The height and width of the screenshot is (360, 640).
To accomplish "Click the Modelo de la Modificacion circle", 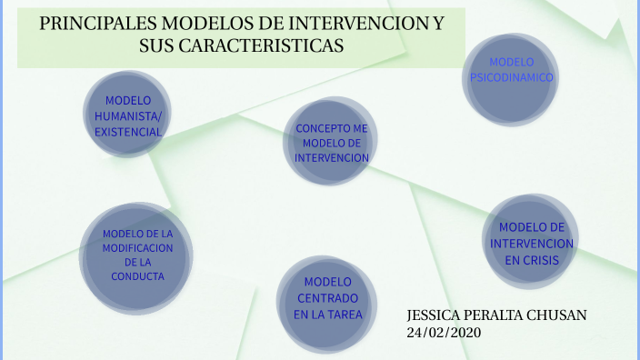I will pyautogui.click(x=136, y=255).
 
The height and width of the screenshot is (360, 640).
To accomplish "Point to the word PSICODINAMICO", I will pyautogui.click(x=511, y=78).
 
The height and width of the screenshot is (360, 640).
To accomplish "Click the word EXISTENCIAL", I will pyautogui.click(x=128, y=132).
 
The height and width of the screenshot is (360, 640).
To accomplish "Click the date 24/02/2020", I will pyautogui.click(x=445, y=333).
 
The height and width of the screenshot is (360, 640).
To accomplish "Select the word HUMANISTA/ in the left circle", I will pyautogui.click(x=128, y=115).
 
